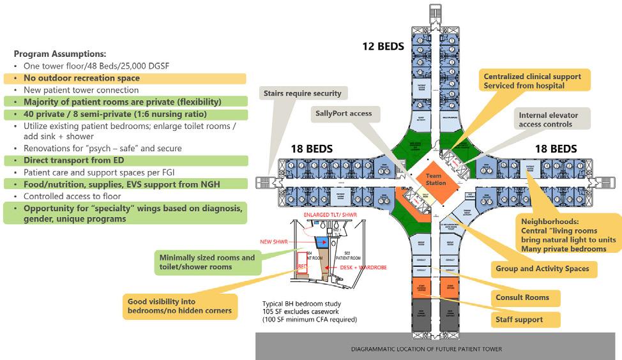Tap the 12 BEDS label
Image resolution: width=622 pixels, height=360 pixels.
pos(383,46)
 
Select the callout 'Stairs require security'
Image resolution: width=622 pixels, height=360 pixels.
pos(302,93)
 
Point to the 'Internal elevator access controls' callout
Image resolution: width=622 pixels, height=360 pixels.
pos(549,119)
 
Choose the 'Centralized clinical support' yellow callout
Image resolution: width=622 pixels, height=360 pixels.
pos(533,80)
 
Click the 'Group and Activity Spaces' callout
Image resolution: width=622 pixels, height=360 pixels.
pos(542,269)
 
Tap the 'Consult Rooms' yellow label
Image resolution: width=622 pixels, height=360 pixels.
pos(522,297)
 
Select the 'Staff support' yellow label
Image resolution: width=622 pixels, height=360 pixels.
pos(519,319)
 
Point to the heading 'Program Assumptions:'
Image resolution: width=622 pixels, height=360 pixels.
pos(60,54)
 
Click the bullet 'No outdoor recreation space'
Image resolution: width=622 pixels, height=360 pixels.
pos(82,79)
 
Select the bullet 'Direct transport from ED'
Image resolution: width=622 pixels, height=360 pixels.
pos(73,160)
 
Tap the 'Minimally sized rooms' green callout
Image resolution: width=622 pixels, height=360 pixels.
pos(206,262)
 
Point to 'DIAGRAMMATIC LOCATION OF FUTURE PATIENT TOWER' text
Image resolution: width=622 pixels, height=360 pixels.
pos(427,349)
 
